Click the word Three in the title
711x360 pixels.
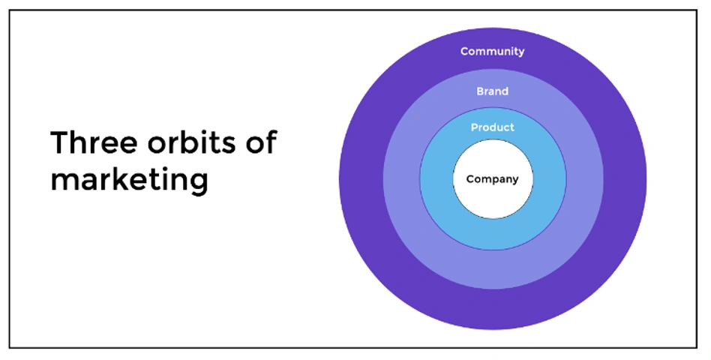click(94, 142)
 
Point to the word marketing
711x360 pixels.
click(129, 181)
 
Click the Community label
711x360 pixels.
click(493, 51)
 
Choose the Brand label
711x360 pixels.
click(493, 91)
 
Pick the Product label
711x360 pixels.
click(493, 127)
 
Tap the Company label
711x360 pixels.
click(493, 179)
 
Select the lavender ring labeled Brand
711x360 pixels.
click(493, 270)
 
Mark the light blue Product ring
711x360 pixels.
click(493, 235)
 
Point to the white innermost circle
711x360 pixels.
click(493, 199)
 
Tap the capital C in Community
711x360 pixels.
click(464, 51)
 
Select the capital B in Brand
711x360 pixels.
click(481, 91)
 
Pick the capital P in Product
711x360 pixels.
click(474, 127)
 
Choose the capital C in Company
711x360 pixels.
click(470, 178)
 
